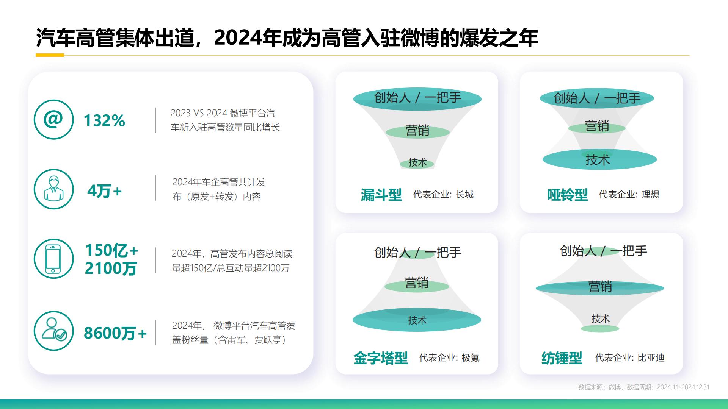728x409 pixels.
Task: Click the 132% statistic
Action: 104,121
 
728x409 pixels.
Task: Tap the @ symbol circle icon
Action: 53,120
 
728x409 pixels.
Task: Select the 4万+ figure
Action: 104,191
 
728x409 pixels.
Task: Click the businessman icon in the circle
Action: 53,189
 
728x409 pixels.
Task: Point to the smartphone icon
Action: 53,259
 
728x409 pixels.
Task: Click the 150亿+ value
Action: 111,250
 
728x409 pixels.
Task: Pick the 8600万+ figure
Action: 115,333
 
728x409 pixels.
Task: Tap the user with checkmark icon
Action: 53,331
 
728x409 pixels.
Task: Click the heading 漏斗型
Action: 381,195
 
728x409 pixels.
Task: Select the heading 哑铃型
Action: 567,195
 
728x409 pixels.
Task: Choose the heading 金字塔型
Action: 380,358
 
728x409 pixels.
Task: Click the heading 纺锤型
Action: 562,358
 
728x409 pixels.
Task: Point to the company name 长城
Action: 464,195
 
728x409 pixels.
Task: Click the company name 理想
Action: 650,195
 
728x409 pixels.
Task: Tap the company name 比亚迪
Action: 651,358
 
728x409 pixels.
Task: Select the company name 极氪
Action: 470,358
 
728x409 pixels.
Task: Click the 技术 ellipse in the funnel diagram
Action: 417,163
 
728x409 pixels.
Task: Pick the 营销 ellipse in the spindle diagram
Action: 600,287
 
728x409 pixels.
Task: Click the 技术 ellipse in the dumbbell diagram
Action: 599,160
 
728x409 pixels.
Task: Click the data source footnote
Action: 643,387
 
